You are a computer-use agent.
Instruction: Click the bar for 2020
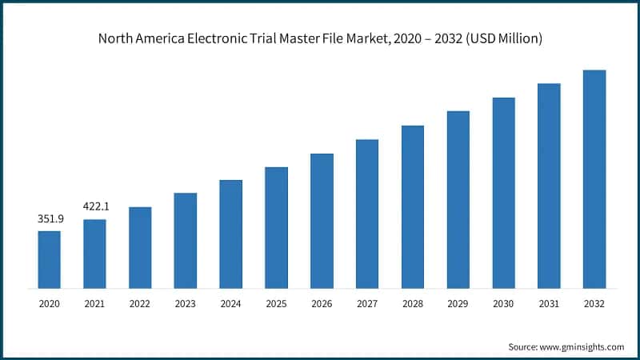point(49,259)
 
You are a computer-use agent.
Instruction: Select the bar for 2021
point(94,254)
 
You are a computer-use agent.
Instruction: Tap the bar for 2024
point(230,234)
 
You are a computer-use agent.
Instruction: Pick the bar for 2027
point(367,214)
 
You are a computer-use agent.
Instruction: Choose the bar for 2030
point(503,193)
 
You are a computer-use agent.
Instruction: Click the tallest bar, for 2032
point(594,179)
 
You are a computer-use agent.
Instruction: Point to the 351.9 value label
point(50,218)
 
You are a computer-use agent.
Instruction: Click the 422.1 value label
point(95,206)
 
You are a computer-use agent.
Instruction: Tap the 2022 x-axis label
point(140,304)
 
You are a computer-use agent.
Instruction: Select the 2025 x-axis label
point(276,304)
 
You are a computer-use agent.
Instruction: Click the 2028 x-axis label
point(412,304)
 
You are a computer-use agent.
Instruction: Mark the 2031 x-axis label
point(549,304)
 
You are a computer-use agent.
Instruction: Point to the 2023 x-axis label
point(185,304)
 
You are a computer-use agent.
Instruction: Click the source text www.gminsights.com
point(581,346)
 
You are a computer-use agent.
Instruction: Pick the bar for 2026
point(322,221)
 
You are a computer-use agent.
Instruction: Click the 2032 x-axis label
point(594,304)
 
